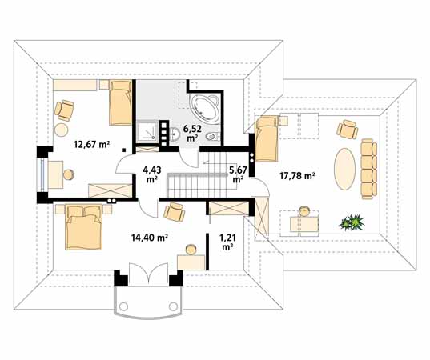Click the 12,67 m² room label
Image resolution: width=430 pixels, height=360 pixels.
(x=91, y=145)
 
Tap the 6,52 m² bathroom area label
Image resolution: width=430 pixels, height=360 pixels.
(x=191, y=132)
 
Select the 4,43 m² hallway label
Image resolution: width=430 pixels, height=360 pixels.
(x=151, y=174)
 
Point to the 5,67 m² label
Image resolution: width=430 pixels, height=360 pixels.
(x=238, y=174)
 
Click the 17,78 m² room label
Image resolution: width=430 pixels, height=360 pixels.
(x=296, y=175)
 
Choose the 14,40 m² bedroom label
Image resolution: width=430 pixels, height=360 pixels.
(x=150, y=238)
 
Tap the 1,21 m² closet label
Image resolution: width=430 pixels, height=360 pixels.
(x=227, y=242)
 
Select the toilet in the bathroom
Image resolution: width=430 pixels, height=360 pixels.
(x=212, y=138)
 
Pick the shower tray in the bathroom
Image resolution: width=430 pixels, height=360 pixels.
(x=147, y=132)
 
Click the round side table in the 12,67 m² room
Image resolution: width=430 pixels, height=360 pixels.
(x=62, y=128)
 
